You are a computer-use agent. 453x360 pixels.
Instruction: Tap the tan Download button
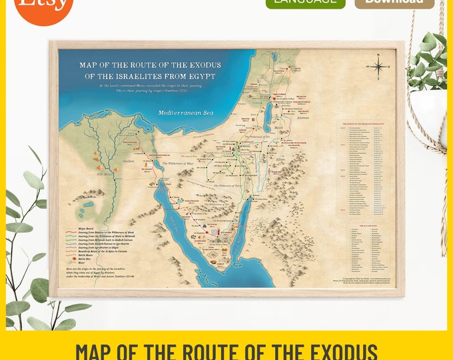(394, 3)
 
